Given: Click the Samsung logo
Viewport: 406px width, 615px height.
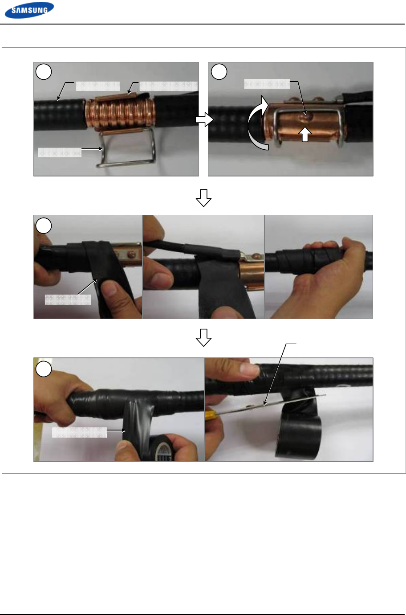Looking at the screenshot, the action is point(29,10).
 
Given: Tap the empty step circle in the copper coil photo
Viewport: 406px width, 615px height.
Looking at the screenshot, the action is point(44,72).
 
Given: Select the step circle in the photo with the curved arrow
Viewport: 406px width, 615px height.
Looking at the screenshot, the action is point(219,72).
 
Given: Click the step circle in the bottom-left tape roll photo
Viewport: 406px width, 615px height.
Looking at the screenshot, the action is point(44,369).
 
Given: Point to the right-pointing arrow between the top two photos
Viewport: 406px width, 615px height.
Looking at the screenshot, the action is point(204,119).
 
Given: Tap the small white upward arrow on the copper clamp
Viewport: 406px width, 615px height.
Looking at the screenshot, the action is point(305,134).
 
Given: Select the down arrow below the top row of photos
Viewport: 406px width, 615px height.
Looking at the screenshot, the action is point(203,198).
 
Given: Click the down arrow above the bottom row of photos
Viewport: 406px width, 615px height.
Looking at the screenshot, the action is point(203,337).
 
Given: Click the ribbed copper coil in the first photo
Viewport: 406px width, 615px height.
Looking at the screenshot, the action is point(120,113).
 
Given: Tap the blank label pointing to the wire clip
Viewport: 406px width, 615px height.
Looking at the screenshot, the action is point(60,153).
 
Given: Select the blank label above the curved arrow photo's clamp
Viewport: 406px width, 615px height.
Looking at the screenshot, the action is point(267,84).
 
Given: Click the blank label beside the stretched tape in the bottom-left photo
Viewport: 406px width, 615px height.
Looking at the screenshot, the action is point(80,432).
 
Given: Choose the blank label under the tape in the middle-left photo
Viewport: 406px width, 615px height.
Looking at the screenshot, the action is point(68,300).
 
